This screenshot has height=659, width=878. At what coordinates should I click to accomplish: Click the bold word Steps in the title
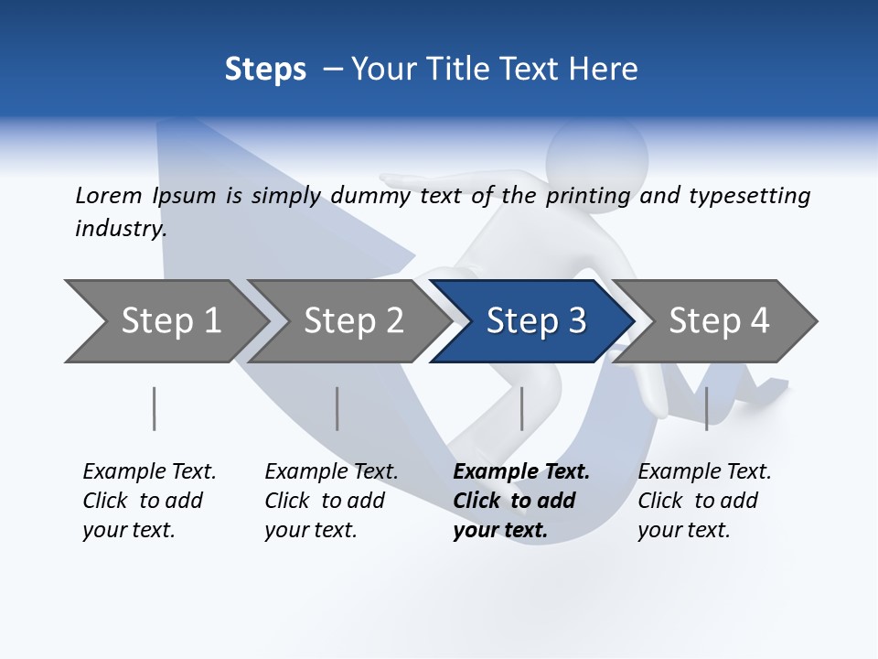point(265,70)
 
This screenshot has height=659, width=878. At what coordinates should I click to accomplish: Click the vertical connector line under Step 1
point(155,408)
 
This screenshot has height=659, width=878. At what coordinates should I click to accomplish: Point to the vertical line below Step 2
point(337,408)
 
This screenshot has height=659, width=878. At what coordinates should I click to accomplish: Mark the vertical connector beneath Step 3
point(521,408)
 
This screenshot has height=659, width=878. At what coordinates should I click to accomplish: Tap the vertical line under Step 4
point(706,408)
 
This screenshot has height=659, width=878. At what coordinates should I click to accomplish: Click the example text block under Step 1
point(149,501)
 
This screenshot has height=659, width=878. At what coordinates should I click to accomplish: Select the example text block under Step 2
point(331,501)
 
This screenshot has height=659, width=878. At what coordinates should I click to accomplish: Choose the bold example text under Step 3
point(521,501)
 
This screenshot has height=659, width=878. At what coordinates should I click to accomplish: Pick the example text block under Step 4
point(704,501)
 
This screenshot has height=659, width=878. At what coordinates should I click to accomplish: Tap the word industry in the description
point(121,229)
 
